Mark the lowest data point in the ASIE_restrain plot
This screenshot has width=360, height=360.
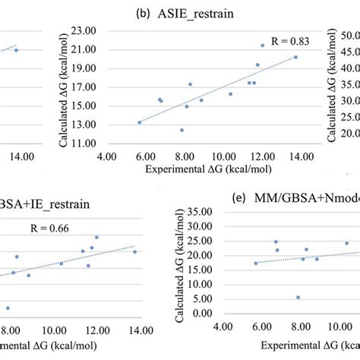point(182,130)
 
